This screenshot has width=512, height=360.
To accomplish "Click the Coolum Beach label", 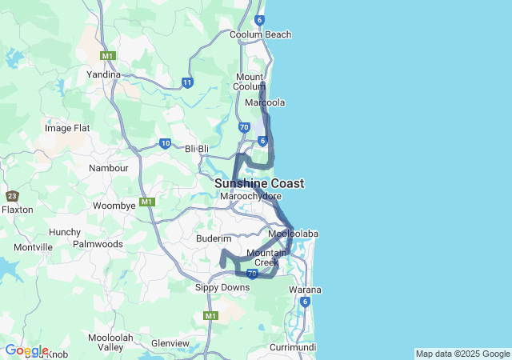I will [260, 35].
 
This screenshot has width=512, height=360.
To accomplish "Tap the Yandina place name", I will [103, 74].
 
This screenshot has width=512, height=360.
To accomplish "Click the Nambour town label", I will [108, 169].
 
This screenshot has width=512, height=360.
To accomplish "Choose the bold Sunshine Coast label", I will [258, 183].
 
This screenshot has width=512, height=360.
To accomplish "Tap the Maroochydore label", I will [250, 196].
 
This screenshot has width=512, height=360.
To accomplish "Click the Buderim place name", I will [214, 238].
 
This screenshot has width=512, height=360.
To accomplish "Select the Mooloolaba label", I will [294, 234].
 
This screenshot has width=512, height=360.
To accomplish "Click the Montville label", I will [33, 248].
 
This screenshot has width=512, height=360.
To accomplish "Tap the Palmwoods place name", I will [98, 244].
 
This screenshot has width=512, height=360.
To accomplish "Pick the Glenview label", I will [170, 343].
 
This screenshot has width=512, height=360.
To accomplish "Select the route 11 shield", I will [187, 82].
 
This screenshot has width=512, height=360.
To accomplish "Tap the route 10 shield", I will [165, 144].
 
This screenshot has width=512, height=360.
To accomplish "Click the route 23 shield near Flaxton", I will [12, 196].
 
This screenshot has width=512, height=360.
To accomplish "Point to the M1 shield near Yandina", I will [108, 55].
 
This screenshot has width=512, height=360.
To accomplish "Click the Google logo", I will [26, 350].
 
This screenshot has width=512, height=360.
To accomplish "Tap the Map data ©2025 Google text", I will [462, 354].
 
